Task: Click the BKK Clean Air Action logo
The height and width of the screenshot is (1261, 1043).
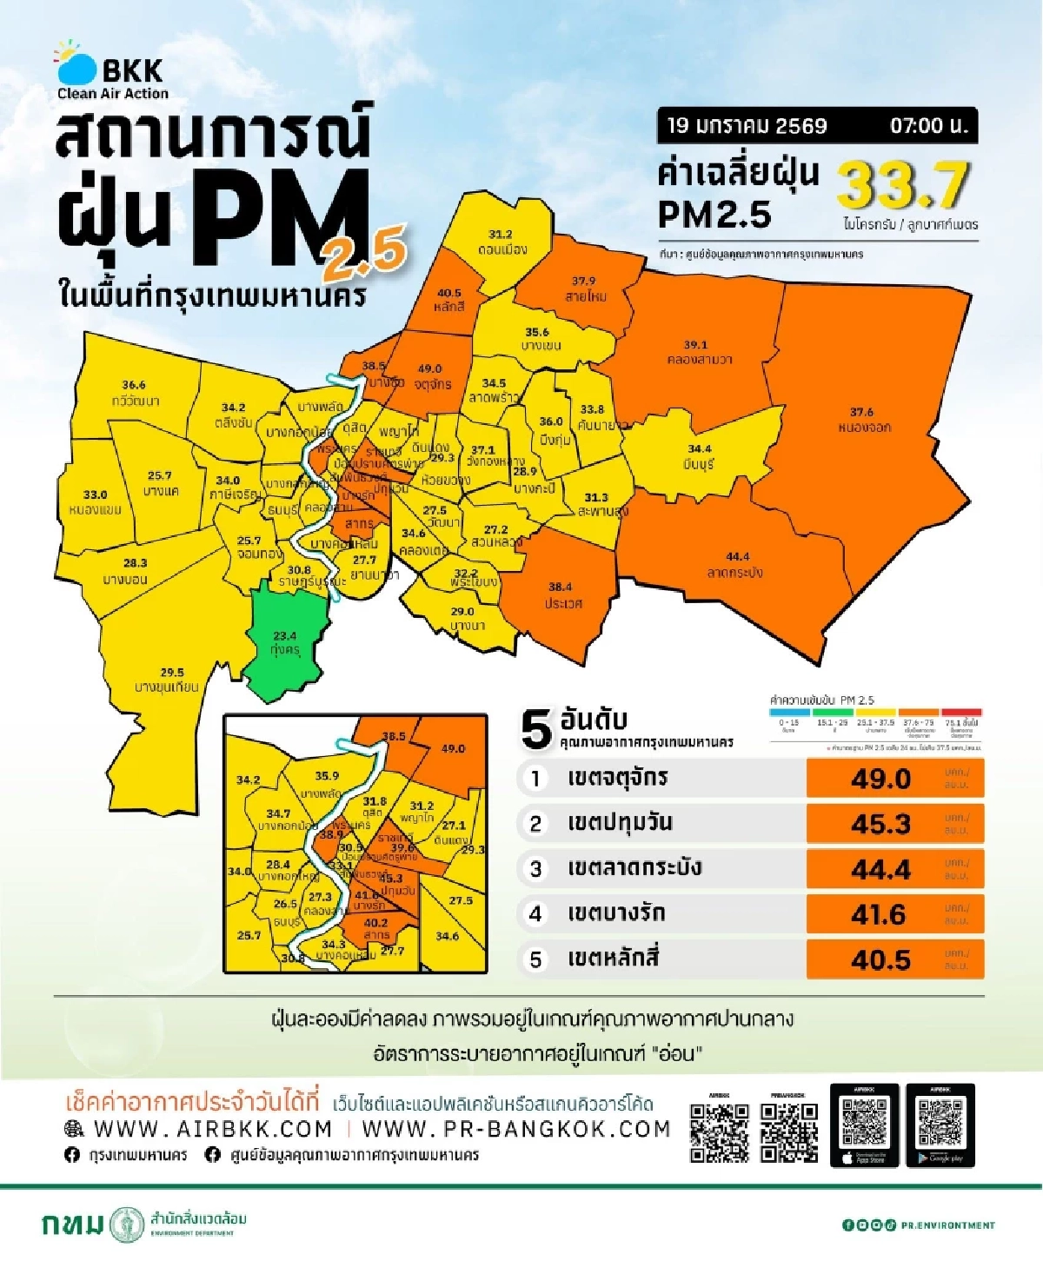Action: (111, 70)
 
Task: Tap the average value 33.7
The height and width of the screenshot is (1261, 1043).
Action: (902, 185)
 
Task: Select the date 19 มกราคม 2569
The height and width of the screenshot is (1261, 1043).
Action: (747, 126)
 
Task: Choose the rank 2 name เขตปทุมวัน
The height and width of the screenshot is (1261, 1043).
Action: (620, 823)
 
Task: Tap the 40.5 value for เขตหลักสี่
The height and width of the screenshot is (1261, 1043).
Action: (881, 959)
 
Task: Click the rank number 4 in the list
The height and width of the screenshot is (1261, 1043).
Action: (535, 913)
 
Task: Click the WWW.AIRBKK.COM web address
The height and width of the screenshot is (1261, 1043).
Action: (213, 1129)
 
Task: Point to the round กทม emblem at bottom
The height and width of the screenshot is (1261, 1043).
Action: (128, 1224)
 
